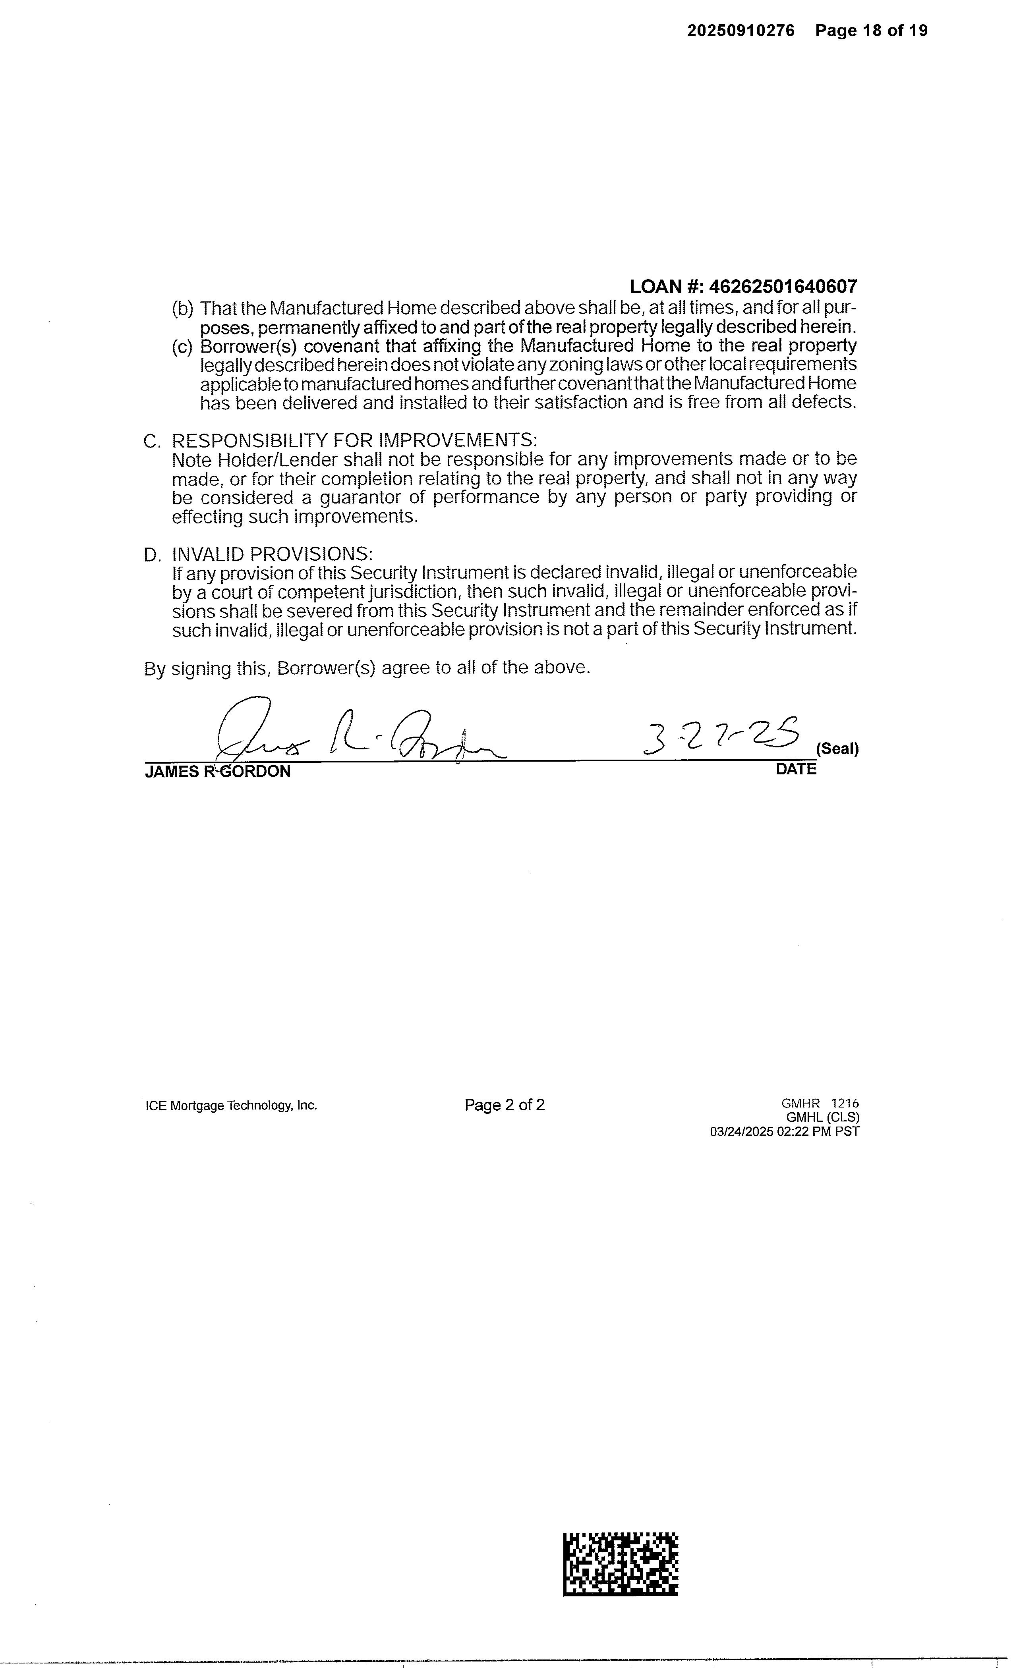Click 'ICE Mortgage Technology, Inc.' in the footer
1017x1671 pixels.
coord(231,1106)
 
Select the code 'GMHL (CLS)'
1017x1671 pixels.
coord(822,1117)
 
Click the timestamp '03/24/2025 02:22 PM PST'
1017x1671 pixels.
coord(784,1131)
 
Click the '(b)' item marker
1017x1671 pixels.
coord(182,309)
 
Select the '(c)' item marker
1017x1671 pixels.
coord(182,347)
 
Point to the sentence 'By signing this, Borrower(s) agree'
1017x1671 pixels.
coord(367,668)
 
